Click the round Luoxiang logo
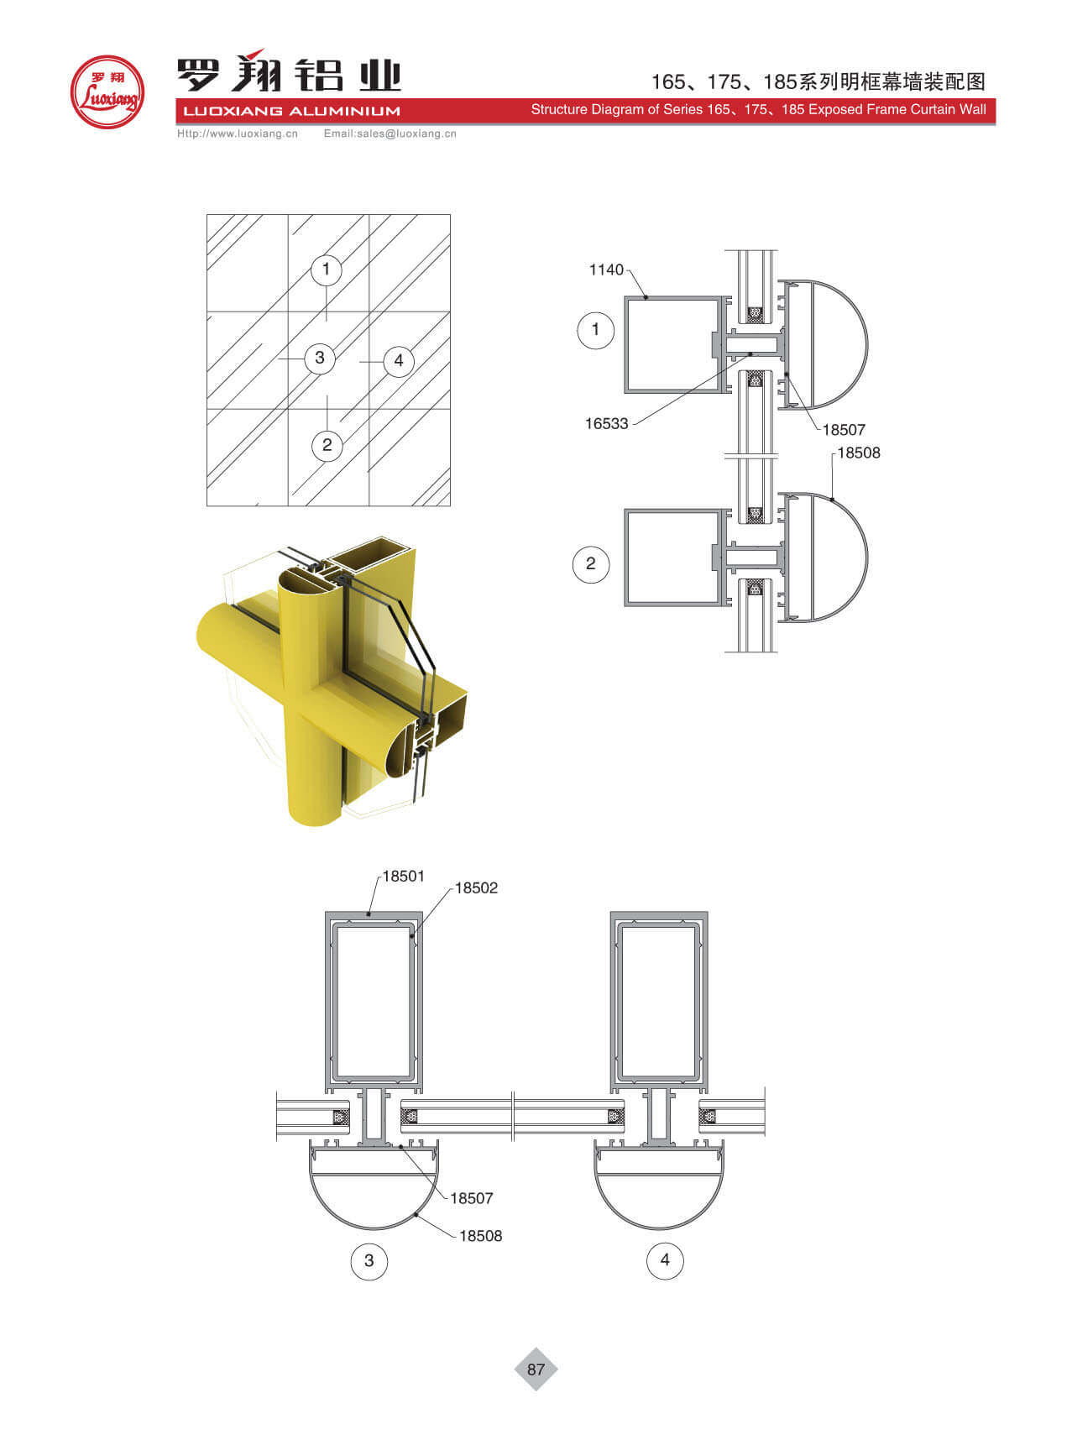click(x=107, y=92)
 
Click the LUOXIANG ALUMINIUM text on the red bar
click(x=291, y=111)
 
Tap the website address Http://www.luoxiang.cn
click(x=238, y=134)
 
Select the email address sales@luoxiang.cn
click(x=408, y=134)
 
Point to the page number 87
click(x=536, y=1369)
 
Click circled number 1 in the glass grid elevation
click(x=326, y=270)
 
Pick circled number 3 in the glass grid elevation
click(x=319, y=359)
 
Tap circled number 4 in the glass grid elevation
click(x=399, y=361)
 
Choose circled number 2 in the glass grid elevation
click(x=327, y=445)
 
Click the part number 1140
click(x=606, y=270)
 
